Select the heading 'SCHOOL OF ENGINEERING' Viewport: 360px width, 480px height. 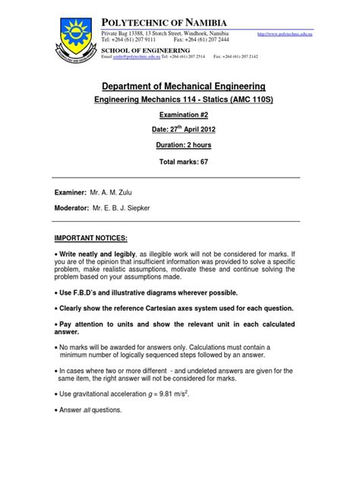143,49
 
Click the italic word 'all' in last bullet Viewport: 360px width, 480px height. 98,411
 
